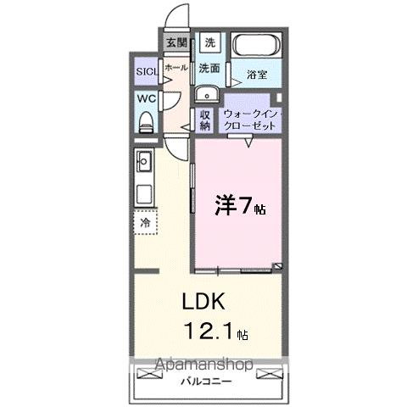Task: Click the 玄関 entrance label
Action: click(176, 42)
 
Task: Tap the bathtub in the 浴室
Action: click(256, 45)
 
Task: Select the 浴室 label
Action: click(257, 75)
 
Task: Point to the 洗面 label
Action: click(210, 67)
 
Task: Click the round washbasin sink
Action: click(207, 94)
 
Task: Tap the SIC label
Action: click(145, 72)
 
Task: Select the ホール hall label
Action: click(176, 67)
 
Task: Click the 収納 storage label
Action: click(205, 120)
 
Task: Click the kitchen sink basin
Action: click(142, 159)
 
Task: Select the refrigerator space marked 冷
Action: click(144, 222)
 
